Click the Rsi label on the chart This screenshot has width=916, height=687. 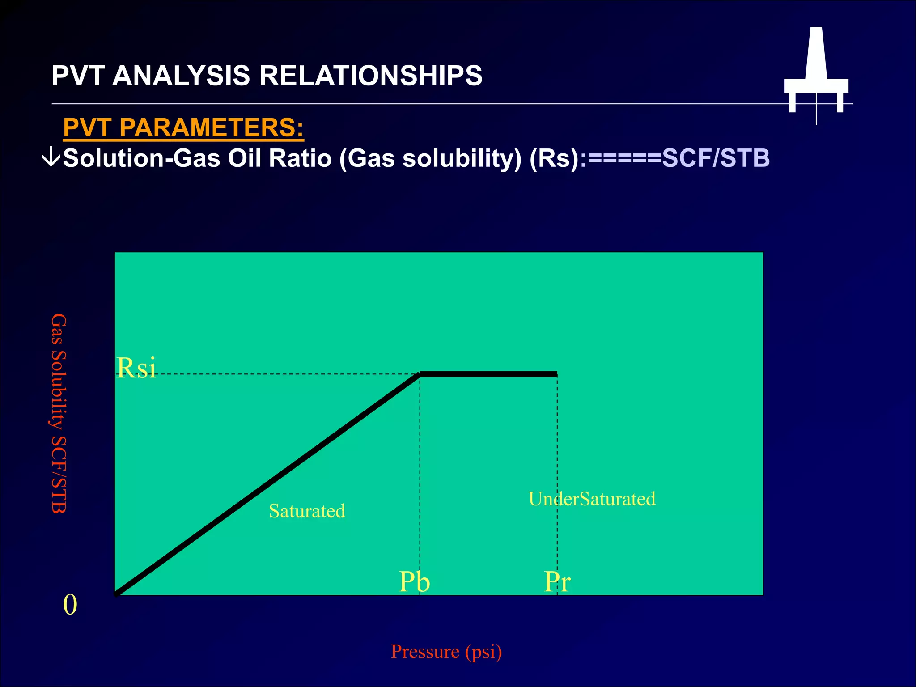click(136, 368)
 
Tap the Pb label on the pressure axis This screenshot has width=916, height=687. click(414, 582)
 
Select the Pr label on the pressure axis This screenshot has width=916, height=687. click(557, 582)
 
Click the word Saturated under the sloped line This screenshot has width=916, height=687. click(307, 511)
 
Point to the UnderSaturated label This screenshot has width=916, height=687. click(592, 499)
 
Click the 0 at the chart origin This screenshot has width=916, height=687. click(70, 605)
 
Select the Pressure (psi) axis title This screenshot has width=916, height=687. click(446, 652)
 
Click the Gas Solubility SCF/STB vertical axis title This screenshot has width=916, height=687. click(59, 413)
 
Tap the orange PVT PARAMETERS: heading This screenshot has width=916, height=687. click(183, 127)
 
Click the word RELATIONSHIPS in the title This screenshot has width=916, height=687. click(371, 76)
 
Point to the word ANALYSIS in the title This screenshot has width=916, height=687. click(181, 76)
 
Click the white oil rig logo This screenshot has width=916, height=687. click(816, 72)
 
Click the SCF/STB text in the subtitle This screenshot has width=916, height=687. click(716, 158)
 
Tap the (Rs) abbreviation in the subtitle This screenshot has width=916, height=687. click(555, 158)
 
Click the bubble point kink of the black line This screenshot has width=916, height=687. click(420, 374)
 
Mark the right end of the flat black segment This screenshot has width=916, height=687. click(556, 374)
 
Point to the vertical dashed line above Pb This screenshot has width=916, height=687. click(420, 470)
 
